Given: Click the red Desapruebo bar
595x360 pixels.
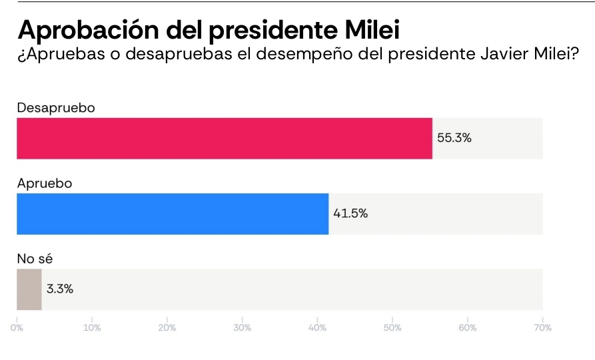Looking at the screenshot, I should click(x=224, y=139).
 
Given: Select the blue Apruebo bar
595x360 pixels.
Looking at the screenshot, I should click(x=172, y=214).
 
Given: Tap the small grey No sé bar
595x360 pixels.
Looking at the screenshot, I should click(x=29, y=289).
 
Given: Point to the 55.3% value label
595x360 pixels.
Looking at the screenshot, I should click(x=454, y=139).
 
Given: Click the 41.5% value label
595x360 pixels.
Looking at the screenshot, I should click(x=350, y=214).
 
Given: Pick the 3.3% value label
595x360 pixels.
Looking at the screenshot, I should click(x=60, y=289).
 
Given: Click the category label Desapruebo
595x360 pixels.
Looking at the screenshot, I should click(x=57, y=107).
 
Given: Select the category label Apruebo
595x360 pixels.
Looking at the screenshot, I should click(x=44, y=183).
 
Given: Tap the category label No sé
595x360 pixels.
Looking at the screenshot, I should click(x=35, y=258).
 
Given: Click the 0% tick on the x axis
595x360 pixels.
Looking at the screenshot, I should click(x=17, y=328).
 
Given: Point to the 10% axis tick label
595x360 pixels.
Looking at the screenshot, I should click(x=92, y=328).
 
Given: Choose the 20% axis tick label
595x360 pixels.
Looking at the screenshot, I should click(x=167, y=328).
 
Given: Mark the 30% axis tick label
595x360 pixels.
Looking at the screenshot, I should click(x=243, y=328).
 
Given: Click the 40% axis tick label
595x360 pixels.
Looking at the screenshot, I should click(x=317, y=328).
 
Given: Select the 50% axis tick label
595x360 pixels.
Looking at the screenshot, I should click(x=392, y=328).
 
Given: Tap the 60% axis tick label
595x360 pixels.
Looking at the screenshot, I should click(x=468, y=328).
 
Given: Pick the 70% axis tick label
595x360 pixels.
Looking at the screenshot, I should click(x=542, y=328).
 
